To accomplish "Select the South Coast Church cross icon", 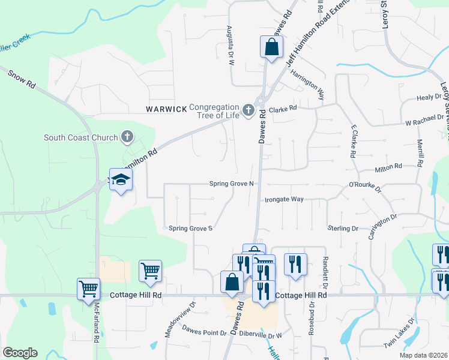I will pos(127,137).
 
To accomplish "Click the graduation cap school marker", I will pos(120,180).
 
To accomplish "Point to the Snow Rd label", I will pos(22,80).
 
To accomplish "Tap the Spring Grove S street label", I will pos(191,228).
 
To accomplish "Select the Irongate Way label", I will pos(285,199).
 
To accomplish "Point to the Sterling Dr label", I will pos(343,229).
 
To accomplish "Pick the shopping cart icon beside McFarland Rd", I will pos(88,288).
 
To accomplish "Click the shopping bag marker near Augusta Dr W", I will pos(271,46).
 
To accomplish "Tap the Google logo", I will pos(20,353).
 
